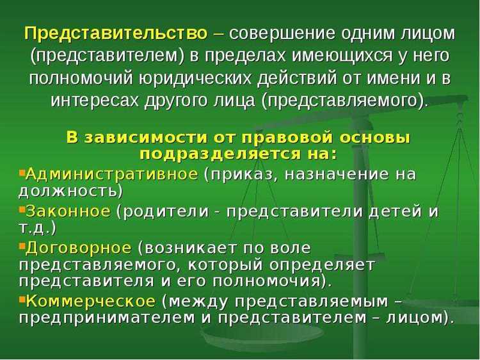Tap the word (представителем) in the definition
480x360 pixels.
pyautogui.click(x=109, y=55)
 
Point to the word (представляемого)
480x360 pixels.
pyautogui.click(x=346, y=100)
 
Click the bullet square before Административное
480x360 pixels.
pyautogui.click(x=22, y=172)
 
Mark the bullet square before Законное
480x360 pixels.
pyautogui.click(x=22, y=209)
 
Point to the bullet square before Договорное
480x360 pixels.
pyautogui.click(x=22, y=246)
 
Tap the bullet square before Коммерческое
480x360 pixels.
pyautogui.click(x=22, y=299)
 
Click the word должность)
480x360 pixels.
pyautogui.click(x=71, y=191)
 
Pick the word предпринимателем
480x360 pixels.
pyautogui.click(x=102, y=318)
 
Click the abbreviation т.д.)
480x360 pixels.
pyautogui.click(x=38, y=227)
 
